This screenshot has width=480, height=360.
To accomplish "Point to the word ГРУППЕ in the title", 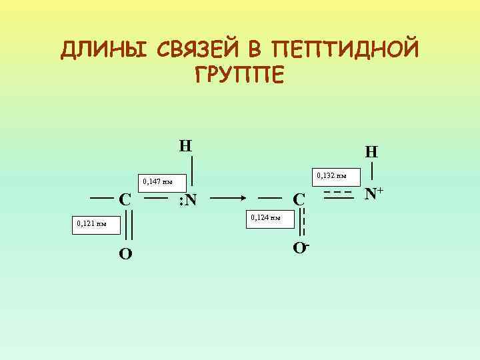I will [239, 74].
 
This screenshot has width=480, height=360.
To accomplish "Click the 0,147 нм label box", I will [157, 181].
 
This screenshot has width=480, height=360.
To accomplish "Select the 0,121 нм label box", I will [92, 224].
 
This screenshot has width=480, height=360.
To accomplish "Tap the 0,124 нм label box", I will [265, 217].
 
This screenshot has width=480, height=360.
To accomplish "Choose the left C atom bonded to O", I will [124, 199].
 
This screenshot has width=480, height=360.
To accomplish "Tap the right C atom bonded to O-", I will [299, 199].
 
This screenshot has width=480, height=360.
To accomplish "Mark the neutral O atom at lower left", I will [125, 253].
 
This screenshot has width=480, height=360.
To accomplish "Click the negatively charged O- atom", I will [301, 249].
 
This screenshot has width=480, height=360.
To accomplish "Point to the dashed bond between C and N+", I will [337, 195].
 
